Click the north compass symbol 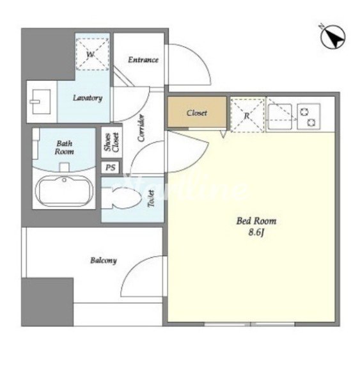click(333, 37)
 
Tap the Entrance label click(143, 60)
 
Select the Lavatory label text click(88, 98)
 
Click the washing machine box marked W click(92, 54)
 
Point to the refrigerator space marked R click(247, 115)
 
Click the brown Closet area click(197, 112)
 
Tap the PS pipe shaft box click(111, 168)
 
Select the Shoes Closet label click(112, 142)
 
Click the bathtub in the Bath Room click(64, 191)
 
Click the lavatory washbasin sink click(40, 102)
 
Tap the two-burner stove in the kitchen click(308, 116)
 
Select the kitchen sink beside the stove click(279, 116)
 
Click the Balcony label click(104, 260)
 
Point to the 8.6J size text click(256, 232)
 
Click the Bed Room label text click(256, 221)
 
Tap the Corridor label click(141, 128)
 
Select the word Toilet click(152, 198)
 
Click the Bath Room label click(64, 147)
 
